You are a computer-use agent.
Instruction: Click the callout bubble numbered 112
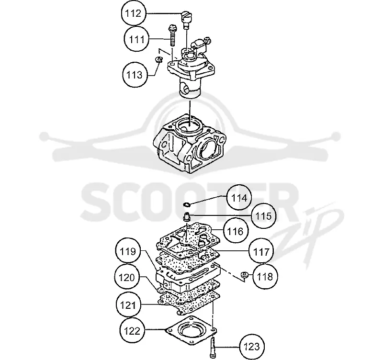[134, 13]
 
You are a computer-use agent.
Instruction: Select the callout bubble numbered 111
[136, 39]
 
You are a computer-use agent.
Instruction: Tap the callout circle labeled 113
[135, 75]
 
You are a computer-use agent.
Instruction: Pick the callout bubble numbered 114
[239, 197]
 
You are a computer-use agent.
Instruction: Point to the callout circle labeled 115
[263, 215]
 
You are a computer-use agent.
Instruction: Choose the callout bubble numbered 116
[236, 231]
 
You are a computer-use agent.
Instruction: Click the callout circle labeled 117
[261, 251]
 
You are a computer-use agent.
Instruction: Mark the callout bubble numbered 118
[265, 277]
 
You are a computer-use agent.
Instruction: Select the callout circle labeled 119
[128, 251]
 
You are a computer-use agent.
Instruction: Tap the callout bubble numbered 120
[127, 277]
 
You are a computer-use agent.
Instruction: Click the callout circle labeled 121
[128, 304]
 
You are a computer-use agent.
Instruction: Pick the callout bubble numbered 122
[132, 331]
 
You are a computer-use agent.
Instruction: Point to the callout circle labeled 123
[252, 346]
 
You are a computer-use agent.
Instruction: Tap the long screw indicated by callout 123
[212, 346]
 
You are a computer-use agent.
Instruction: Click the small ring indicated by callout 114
[187, 204]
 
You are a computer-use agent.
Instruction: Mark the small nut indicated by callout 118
[244, 274]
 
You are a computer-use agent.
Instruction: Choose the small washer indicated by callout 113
[159, 59]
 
